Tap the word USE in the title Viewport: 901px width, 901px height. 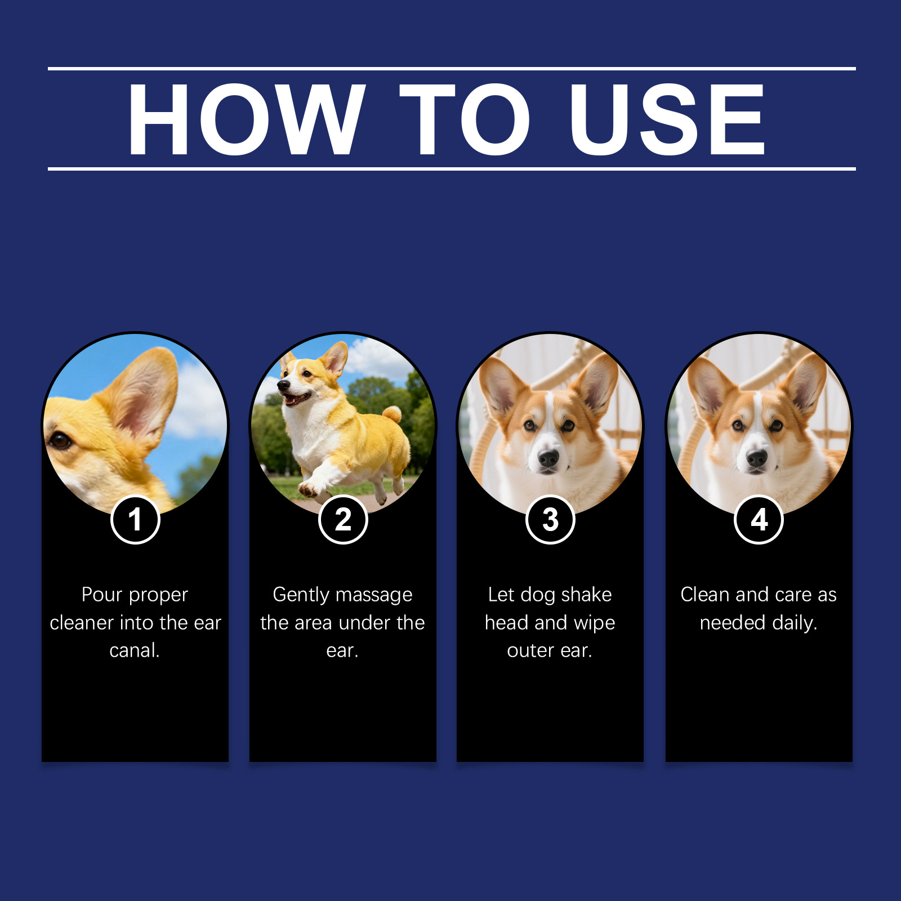pyautogui.click(x=667, y=119)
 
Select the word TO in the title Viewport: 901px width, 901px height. pyautogui.click(x=465, y=119)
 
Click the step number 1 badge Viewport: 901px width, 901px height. pyautogui.click(x=135, y=519)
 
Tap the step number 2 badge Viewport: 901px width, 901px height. pyautogui.click(x=343, y=519)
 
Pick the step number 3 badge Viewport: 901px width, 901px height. pyautogui.click(x=550, y=519)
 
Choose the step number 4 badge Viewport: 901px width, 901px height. pyautogui.click(x=759, y=519)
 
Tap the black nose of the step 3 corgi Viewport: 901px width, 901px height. pyautogui.click(x=548, y=459)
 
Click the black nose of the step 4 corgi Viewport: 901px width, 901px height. pyautogui.click(x=756, y=459)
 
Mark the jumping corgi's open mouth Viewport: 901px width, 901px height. pyautogui.click(x=296, y=399)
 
